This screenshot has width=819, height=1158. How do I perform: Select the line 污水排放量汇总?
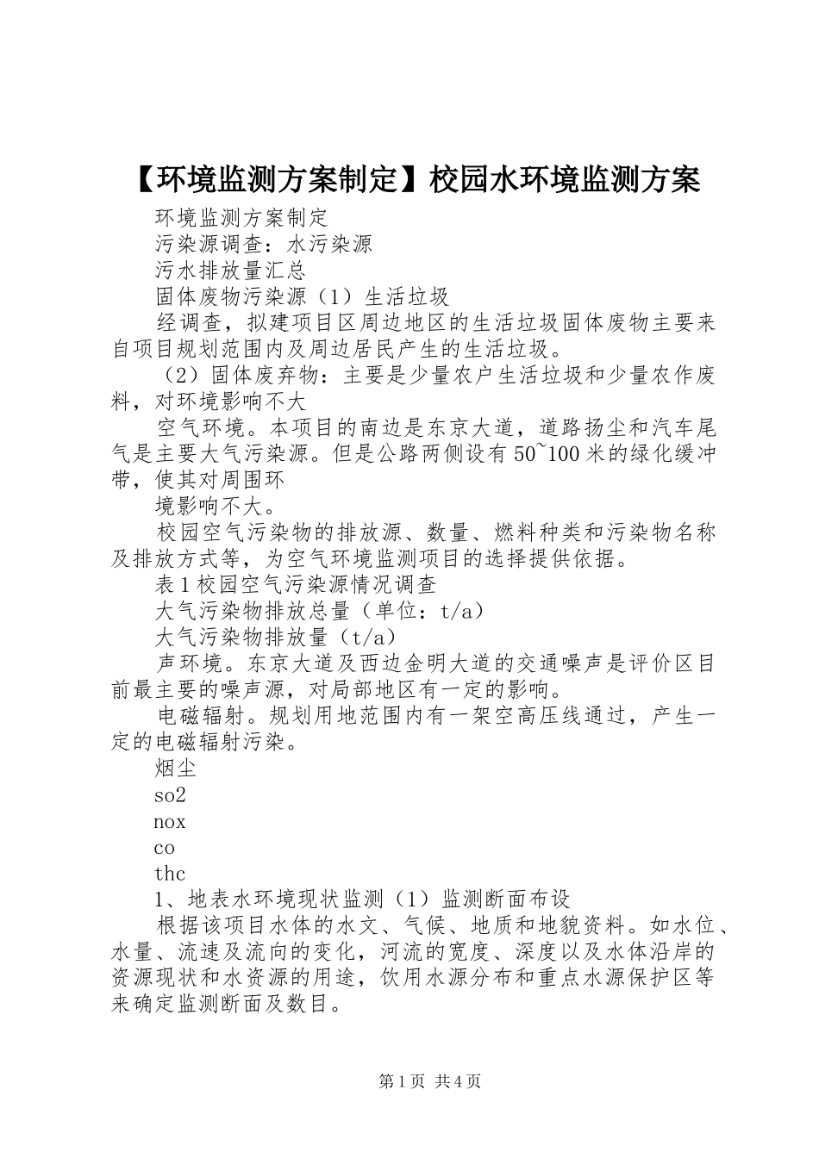230,271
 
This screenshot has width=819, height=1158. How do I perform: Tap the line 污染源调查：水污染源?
263,244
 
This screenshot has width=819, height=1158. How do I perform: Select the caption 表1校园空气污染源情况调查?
296,584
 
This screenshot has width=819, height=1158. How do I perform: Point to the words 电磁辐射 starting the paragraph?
199,716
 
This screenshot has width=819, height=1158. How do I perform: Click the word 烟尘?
176,768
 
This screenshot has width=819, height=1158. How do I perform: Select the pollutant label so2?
170,794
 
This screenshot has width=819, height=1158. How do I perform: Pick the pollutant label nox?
170,821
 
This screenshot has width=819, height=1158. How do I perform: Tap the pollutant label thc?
169,874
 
